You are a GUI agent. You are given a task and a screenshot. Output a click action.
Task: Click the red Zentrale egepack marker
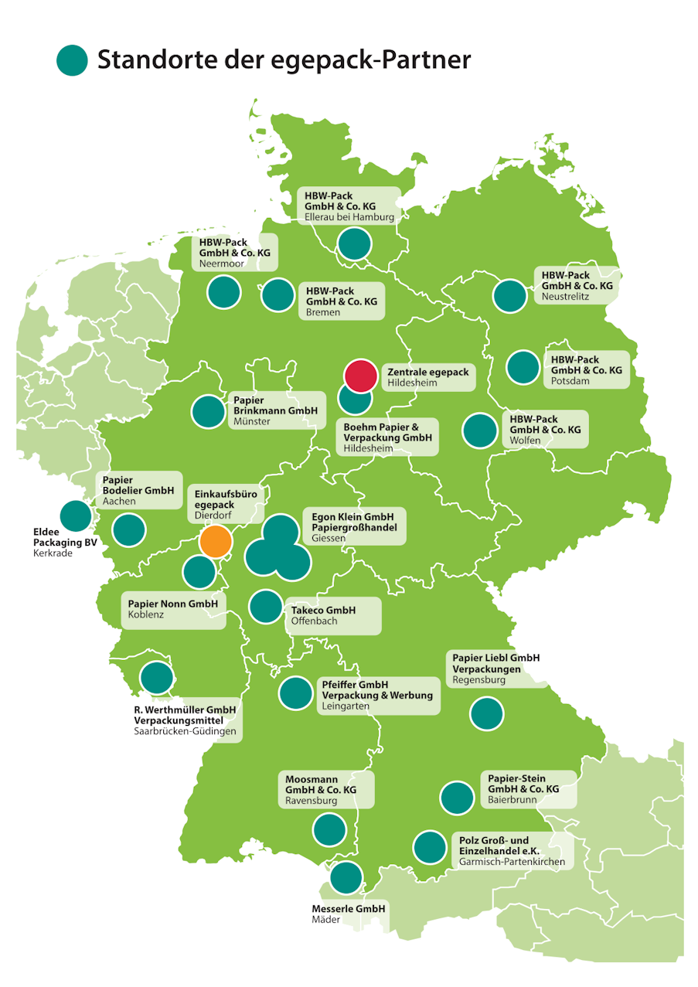coord(360,376)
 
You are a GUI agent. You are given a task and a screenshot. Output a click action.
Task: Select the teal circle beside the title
coord(73,60)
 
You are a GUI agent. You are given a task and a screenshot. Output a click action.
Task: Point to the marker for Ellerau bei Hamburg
coord(355,243)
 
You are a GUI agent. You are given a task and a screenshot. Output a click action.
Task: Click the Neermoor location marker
coord(224,293)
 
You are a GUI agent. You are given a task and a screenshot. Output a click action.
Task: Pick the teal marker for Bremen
coord(278,294)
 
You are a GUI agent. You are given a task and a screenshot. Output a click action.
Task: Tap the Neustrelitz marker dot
coord(509,296)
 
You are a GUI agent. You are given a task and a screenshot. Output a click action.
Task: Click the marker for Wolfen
coord(479,431)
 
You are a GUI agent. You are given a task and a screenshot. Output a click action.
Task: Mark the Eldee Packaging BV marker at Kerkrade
coord(76,516)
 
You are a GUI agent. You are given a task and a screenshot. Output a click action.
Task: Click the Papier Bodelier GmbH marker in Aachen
coord(129,530)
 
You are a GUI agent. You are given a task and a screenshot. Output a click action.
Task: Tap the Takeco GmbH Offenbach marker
coord(266,607)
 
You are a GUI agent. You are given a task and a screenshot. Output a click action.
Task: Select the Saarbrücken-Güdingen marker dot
coord(157,677)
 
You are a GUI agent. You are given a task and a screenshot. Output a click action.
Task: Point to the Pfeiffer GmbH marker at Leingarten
coord(295,693)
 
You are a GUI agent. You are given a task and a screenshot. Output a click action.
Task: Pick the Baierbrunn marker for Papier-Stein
coord(457,798)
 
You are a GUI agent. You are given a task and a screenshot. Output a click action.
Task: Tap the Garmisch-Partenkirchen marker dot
coord(430,847)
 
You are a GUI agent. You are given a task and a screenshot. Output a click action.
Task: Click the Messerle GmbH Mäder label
coord(348,914)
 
